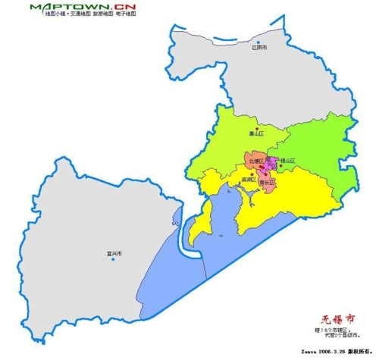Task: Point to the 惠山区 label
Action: (x=257, y=134)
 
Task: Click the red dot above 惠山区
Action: (x=257, y=127)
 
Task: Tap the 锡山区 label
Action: (x=287, y=161)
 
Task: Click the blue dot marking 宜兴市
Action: (x=113, y=259)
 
